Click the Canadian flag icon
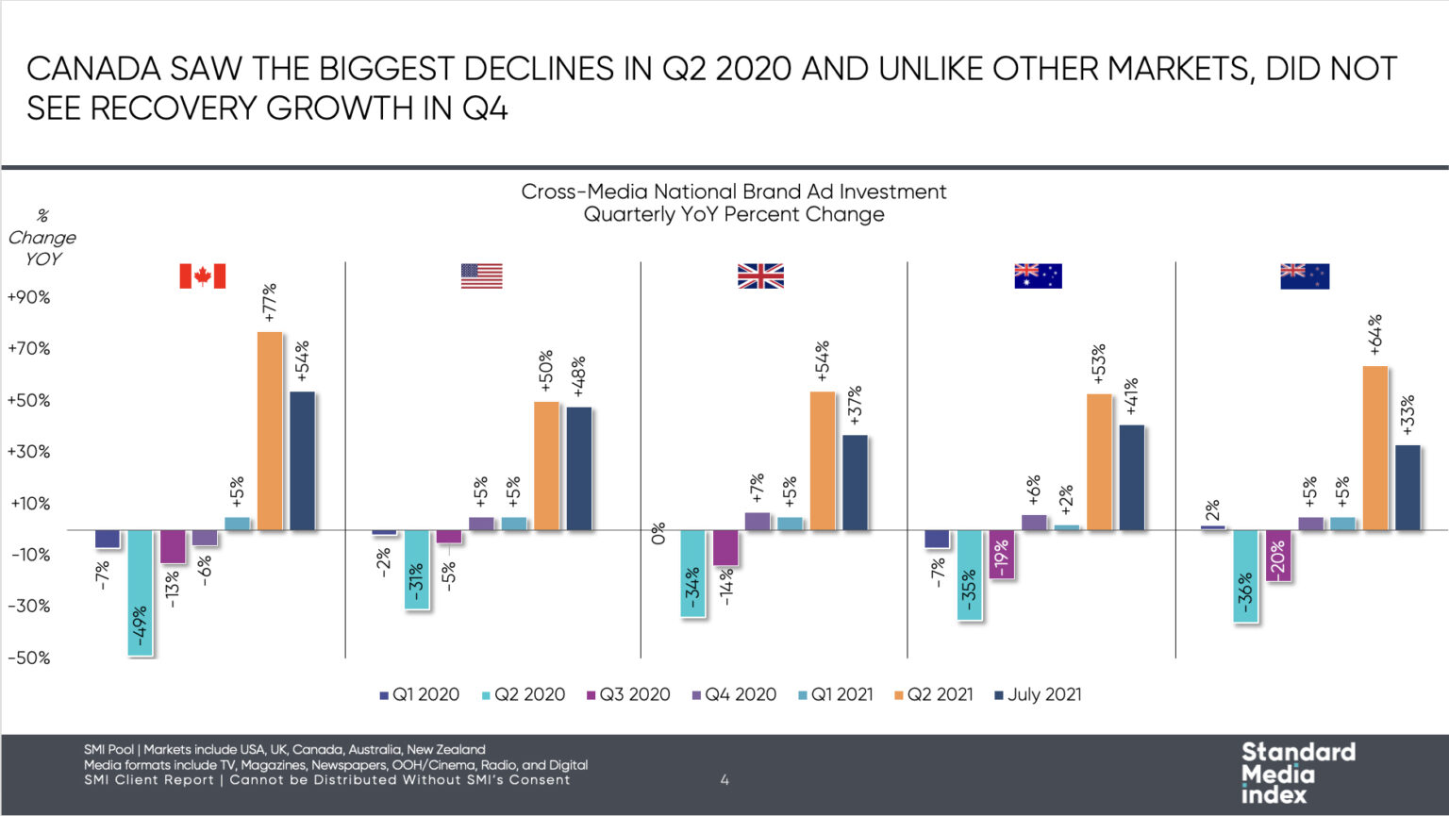[x=202, y=275]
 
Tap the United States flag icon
[x=481, y=275]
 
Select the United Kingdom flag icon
[x=760, y=275]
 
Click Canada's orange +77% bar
[x=270, y=431]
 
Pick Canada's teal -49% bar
[x=141, y=592]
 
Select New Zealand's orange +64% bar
[x=1375, y=448]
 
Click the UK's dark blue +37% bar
[x=855, y=483]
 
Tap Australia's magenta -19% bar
[x=1002, y=554]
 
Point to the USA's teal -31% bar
[x=417, y=570]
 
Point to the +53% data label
[x=1098, y=363]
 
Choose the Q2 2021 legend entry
[x=933, y=694]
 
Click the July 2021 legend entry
[x=1038, y=694]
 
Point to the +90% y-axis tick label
[x=28, y=297]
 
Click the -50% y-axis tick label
[x=28, y=658]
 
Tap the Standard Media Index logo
[x=1297, y=773]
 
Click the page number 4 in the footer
[x=724, y=779]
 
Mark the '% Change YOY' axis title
[x=42, y=238]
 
